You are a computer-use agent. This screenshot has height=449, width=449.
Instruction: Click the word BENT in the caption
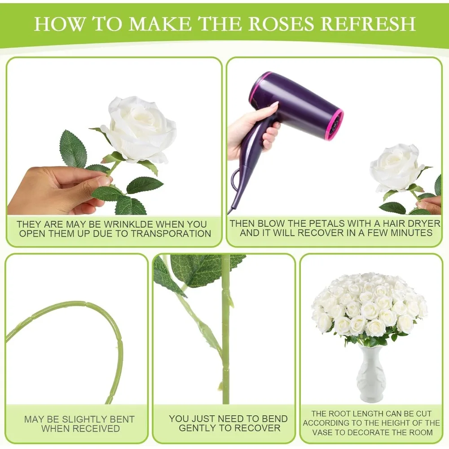(x=121, y=419)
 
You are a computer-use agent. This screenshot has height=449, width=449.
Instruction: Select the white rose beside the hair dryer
(x=396, y=167)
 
